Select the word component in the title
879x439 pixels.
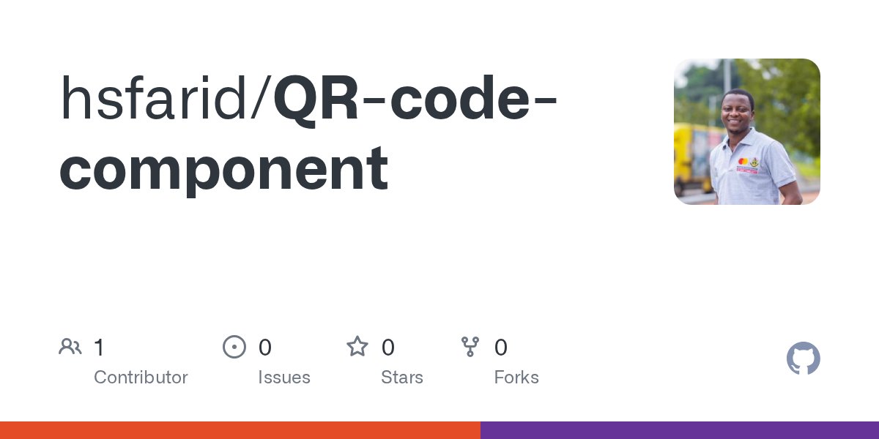pyautogui.click(x=223, y=168)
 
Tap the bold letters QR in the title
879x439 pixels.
pyautogui.click(x=316, y=99)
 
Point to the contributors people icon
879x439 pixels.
pyautogui.click(x=70, y=347)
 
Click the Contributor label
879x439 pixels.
pyautogui.click(x=141, y=378)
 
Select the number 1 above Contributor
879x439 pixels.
pyautogui.click(x=99, y=348)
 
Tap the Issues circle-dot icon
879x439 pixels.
pyautogui.click(x=234, y=347)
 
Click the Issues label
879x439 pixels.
pyautogui.click(x=284, y=378)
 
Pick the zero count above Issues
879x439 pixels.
pyautogui.click(x=265, y=348)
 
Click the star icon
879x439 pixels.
pyautogui.click(x=357, y=347)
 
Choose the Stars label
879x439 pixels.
pyautogui.click(x=402, y=378)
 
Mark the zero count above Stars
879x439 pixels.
pyautogui.click(x=388, y=348)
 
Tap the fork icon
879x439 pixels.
pyautogui.click(x=470, y=347)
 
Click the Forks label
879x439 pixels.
pyautogui.click(x=516, y=378)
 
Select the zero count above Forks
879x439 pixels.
pyautogui.click(x=501, y=348)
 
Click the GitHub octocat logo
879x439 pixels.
pyautogui.click(x=803, y=359)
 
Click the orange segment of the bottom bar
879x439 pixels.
pyautogui.click(x=240, y=430)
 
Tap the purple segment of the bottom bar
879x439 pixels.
pyautogui.click(x=680, y=430)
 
